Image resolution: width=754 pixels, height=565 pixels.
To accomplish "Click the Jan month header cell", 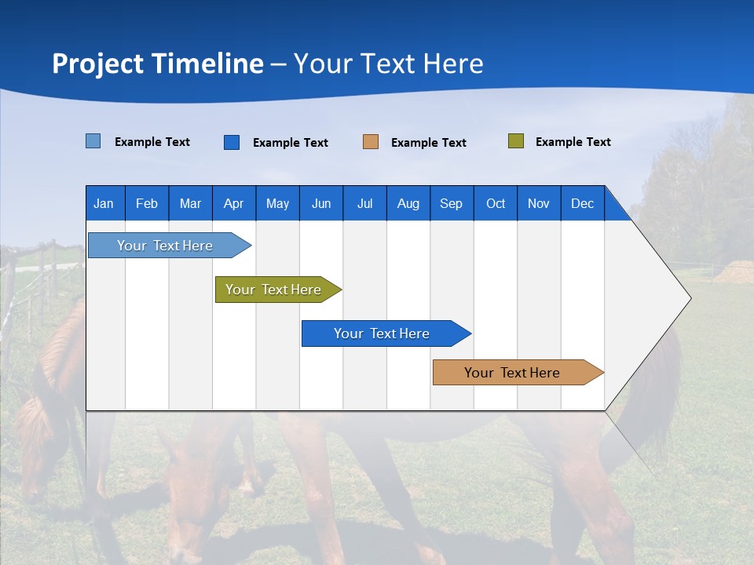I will (x=104, y=203).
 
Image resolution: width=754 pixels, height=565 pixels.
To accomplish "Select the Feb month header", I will (x=147, y=203).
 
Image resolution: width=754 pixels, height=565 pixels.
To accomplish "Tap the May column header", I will (x=277, y=203).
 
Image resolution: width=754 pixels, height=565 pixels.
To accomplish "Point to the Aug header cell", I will (x=408, y=203).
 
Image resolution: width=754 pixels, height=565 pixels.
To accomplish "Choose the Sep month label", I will (x=451, y=203).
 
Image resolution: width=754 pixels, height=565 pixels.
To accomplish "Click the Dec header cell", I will (x=582, y=203).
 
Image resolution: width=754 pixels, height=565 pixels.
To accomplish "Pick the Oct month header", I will (x=496, y=203).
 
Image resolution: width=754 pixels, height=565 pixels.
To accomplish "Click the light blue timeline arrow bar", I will (x=165, y=246).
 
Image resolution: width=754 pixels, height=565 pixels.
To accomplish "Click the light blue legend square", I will (x=93, y=141).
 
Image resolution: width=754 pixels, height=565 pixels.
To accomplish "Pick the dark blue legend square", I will (x=231, y=142).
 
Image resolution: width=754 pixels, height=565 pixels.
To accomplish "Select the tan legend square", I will (x=370, y=142).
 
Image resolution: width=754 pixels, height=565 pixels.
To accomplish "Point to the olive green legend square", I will (x=515, y=141).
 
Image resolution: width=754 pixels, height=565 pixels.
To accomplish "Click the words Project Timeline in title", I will (x=157, y=64).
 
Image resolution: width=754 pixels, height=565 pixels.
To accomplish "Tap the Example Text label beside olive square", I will (x=573, y=142).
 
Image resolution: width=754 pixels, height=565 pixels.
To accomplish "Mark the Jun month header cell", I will (x=321, y=203).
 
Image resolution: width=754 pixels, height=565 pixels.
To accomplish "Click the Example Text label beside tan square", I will (x=428, y=143).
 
